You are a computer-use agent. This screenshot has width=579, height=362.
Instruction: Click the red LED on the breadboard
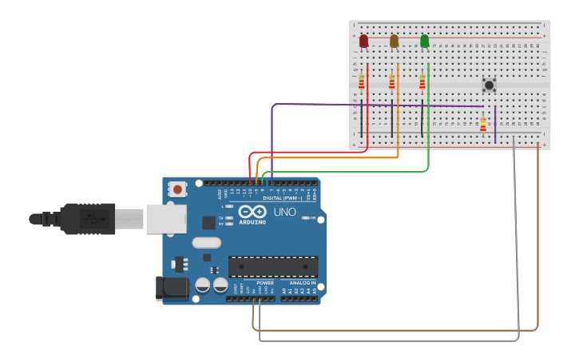[363, 41]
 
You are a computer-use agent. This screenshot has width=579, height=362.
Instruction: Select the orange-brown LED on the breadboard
[394, 41]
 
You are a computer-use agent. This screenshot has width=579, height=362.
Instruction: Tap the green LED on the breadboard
[424, 41]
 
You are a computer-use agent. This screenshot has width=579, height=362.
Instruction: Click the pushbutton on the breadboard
[489, 84]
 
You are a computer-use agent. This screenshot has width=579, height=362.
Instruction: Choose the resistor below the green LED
[422, 82]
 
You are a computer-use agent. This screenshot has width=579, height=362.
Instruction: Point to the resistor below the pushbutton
[482, 125]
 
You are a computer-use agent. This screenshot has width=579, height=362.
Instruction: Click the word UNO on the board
[285, 213]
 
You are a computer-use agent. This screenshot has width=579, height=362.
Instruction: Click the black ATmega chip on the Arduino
[273, 266]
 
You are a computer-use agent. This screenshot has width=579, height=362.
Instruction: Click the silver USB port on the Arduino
[165, 219]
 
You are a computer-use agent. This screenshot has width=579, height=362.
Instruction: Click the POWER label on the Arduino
[265, 283]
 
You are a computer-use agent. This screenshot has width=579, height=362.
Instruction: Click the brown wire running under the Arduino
[399, 329]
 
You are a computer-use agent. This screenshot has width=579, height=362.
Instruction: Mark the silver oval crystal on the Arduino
[206, 243]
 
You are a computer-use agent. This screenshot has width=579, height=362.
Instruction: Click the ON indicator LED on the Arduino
[306, 218]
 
